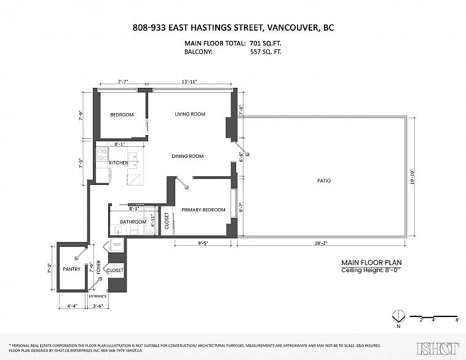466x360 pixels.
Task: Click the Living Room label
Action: coord(189,114)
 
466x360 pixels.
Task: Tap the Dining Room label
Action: coord(188,156)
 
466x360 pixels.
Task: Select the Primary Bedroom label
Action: coord(203,210)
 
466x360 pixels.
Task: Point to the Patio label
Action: coord(324,181)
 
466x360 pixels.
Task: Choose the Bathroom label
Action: coord(133,222)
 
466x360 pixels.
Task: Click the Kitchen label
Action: coord(119,163)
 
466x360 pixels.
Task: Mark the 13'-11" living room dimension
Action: coord(189,82)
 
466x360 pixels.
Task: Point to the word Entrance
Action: coord(98,296)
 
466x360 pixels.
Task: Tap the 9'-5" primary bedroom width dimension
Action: coord(203,243)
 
